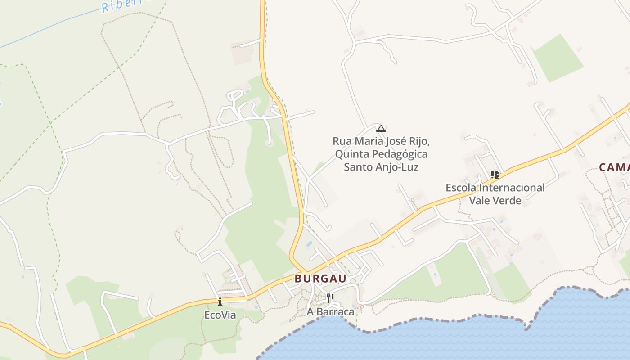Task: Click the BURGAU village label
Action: tap(320, 279)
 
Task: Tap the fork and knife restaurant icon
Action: tap(330, 298)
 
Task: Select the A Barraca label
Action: tap(330, 311)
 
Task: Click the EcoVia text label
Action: tap(220, 315)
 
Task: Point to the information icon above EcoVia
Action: tap(220, 301)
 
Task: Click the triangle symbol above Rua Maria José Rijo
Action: tap(381, 128)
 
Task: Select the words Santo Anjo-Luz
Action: tap(381, 167)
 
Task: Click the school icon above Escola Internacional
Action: tap(495, 174)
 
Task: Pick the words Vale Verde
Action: tap(495, 200)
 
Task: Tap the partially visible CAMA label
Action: tap(614, 168)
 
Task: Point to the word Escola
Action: tap(460, 188)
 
